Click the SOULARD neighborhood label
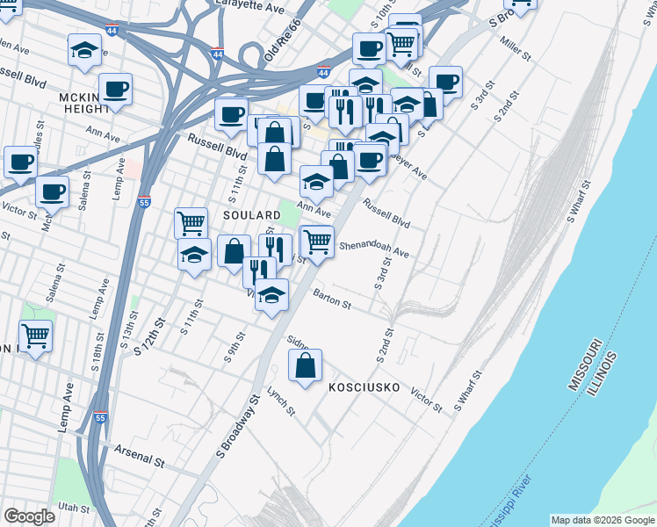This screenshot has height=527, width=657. tap(251, 214)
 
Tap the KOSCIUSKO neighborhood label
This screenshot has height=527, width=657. tap(364, 387)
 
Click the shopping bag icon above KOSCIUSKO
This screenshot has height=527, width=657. tap(305, 366)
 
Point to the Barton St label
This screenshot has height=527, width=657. tap(332, 302)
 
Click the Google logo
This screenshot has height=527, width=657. tap(29, 516)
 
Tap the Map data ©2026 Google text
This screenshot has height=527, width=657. tap(601, 520)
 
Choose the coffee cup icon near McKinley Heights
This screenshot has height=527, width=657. tap(115, 88)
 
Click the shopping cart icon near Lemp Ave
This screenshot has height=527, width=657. tap(36, 336)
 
